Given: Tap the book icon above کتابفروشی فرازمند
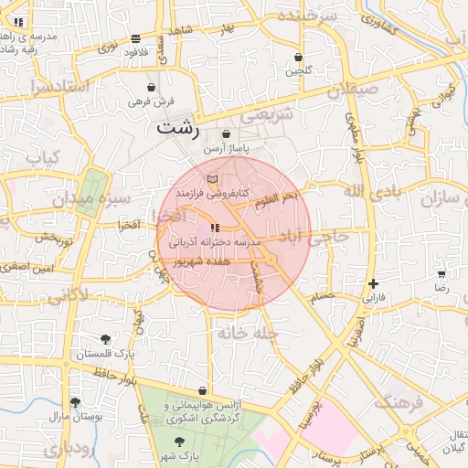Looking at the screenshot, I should click(213, 178).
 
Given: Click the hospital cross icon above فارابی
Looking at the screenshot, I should click(373, 284).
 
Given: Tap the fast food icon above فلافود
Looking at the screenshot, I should click(135, 39).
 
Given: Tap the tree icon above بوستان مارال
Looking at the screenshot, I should click(75, 402).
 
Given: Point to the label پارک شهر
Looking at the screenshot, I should click(184, 454).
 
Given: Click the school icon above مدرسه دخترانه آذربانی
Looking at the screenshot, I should click(215, 228).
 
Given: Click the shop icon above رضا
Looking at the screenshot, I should click(441, 274).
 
